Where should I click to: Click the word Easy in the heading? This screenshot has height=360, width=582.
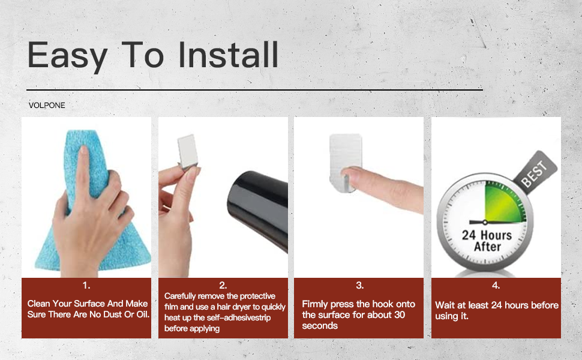67,55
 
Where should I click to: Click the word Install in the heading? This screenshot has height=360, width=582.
229,55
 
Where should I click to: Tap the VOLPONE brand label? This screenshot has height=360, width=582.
47,106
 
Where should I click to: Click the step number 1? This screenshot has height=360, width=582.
86,286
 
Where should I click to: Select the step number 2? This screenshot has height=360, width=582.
223,286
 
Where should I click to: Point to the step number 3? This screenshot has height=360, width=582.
359,286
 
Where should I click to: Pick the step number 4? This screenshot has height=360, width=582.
496,286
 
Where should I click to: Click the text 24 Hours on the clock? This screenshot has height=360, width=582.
487,235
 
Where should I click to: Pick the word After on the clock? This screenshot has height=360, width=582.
487,247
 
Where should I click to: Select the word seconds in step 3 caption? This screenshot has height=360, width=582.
320,326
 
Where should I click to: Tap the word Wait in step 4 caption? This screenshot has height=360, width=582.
446,305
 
